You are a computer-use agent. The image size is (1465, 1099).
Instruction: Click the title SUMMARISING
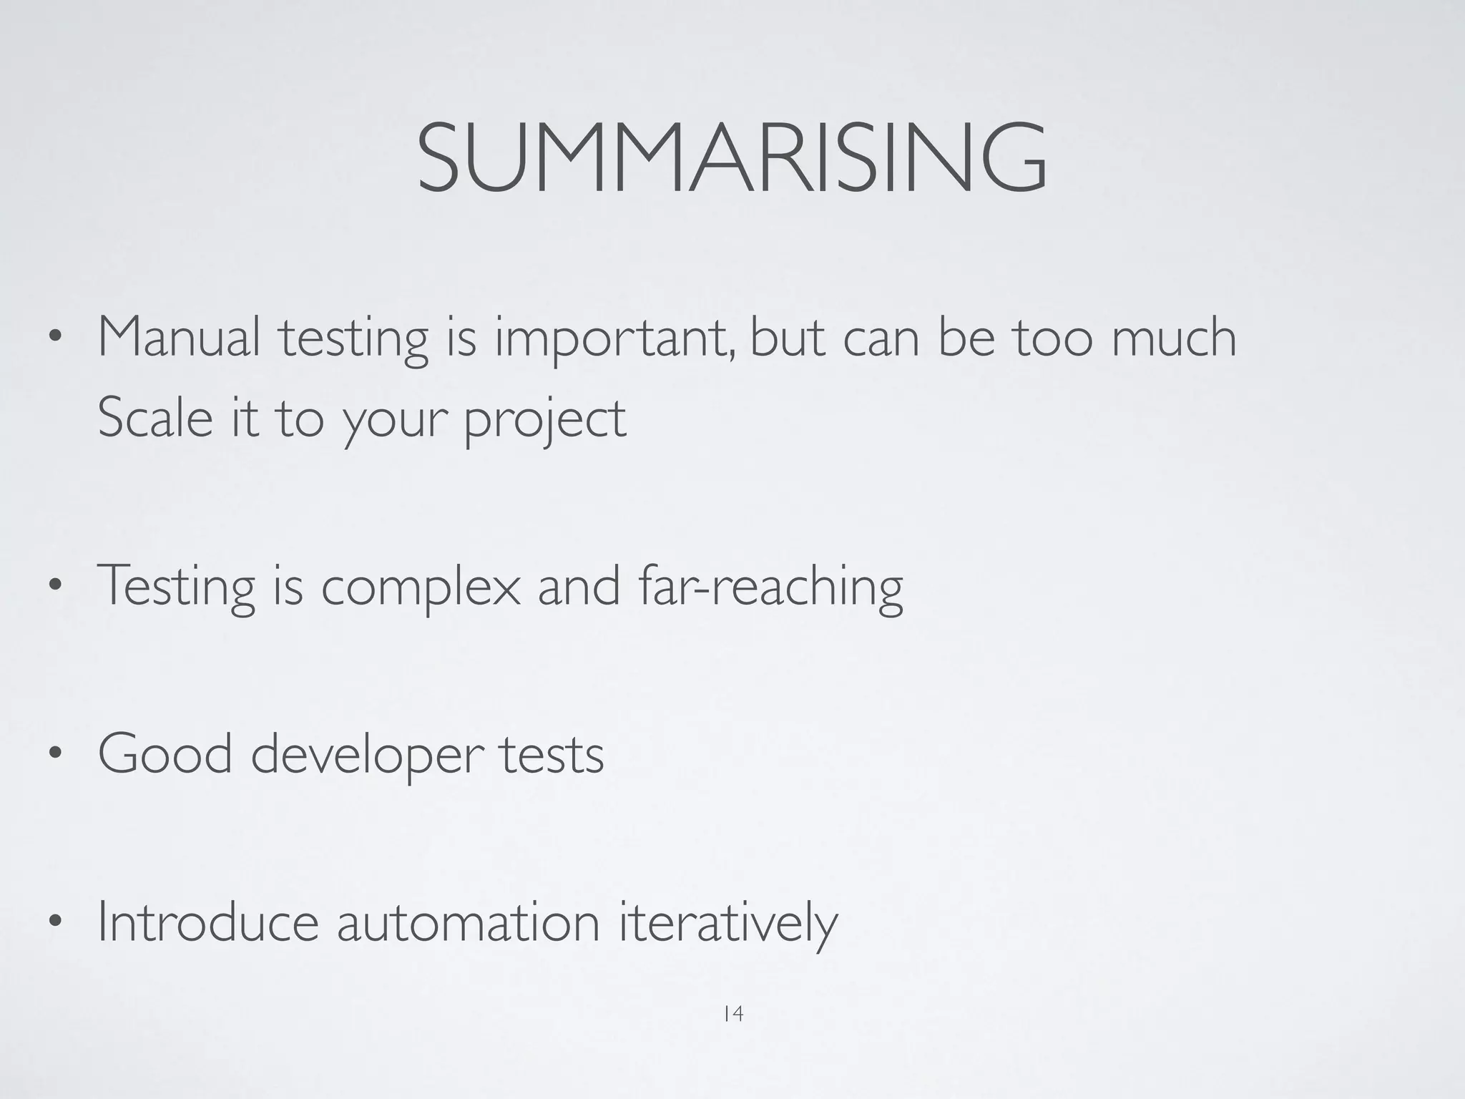[732, 158]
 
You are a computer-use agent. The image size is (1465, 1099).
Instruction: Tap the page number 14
[732, 1014]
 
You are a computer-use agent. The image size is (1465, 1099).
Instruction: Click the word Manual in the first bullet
[179, 338]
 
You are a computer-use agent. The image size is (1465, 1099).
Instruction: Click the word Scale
[155, 418]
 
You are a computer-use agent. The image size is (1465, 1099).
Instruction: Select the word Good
[165, 754]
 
